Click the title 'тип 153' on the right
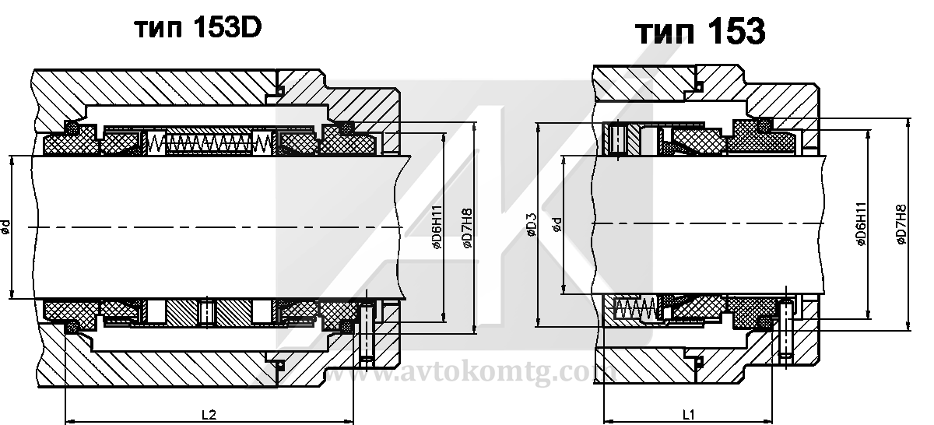(x=700, y=33)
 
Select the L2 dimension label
(x=208, y=414)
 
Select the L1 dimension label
(x=688, y=414)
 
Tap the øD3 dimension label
(x=531, y=226)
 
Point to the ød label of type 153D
(x=6, y=227)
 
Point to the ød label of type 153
(x=556, y=226)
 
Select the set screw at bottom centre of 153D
(x=207, y=312)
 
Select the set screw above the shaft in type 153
(x=619, y=139)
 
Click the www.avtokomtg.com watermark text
(x=467, y=374)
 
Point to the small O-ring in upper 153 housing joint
(x=699, y=85)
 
